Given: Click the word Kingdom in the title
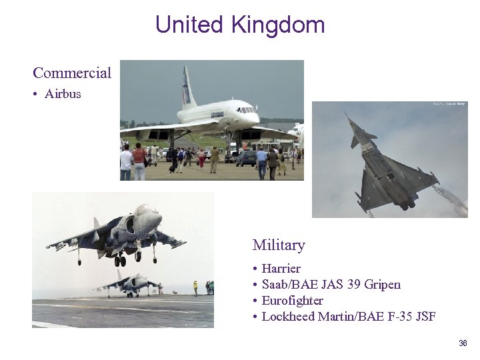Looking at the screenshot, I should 278,25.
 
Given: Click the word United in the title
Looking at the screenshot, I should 189,25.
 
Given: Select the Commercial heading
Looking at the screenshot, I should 72,72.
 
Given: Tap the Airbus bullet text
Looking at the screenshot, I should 63,93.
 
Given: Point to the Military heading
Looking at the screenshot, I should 279,245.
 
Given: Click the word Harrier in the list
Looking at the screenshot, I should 281,268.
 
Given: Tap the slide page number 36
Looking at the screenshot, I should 463,343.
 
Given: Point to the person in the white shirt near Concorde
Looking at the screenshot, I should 126,161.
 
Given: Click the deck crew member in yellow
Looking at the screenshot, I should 195,287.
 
